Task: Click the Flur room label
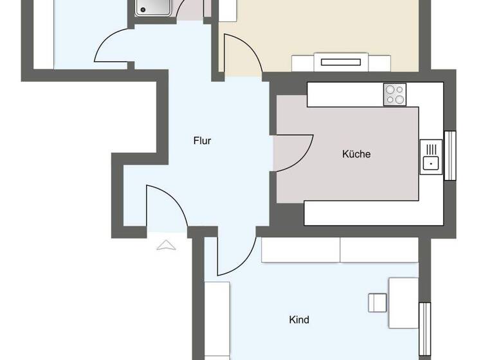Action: pyautogui.click(x=202, y=141)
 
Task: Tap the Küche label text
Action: pyautogui.click(x=356, y=154)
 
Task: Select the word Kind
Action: pyautogui.click(x=299, y=319)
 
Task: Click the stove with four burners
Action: pyautogui.click(x=396, y=95)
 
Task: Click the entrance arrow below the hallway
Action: pyautogui.click(x=167, y=244)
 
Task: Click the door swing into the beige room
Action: pyautogui.click(x=241, y=55)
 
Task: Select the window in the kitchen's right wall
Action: pyautogui.click(x=450, y=156)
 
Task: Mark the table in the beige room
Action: pyautogui.click(x=341, y=63)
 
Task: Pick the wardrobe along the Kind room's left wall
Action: pyautogui.click(x=217, y=319)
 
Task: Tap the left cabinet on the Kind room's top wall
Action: pyautogui.click(x=300, y=250)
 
